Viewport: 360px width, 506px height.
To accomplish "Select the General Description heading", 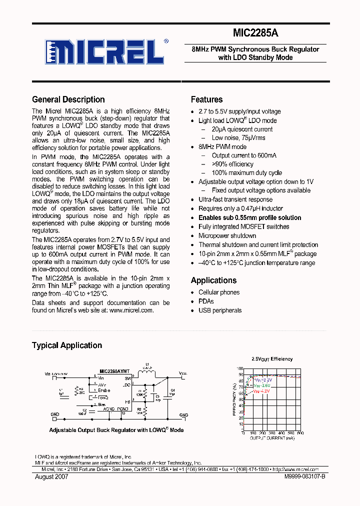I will tap(68, 99).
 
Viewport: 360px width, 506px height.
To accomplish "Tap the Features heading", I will tap(206, 99).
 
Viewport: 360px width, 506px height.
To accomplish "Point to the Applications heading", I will tap(213, 280).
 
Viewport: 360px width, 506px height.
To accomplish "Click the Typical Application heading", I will tap(67, 345).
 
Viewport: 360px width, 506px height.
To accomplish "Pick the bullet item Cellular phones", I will tap(218, 292).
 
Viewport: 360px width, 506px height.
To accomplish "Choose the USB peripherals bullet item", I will tap(219, 310).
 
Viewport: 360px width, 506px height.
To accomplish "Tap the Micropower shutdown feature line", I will tap(227, 236).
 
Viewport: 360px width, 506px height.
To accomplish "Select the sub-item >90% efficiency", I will tap(232, 164).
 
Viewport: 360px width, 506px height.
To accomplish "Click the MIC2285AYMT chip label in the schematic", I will tap(114, 371).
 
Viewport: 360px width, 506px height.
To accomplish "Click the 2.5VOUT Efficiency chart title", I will tap(272, 359).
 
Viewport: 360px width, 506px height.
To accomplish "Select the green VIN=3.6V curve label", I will tap(261, 385).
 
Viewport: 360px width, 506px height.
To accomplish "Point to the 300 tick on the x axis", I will tap(271, 433).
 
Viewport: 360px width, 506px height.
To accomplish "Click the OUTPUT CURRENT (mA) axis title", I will tap(272, 437).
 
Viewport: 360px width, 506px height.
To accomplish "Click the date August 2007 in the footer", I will tap(51, 477).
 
